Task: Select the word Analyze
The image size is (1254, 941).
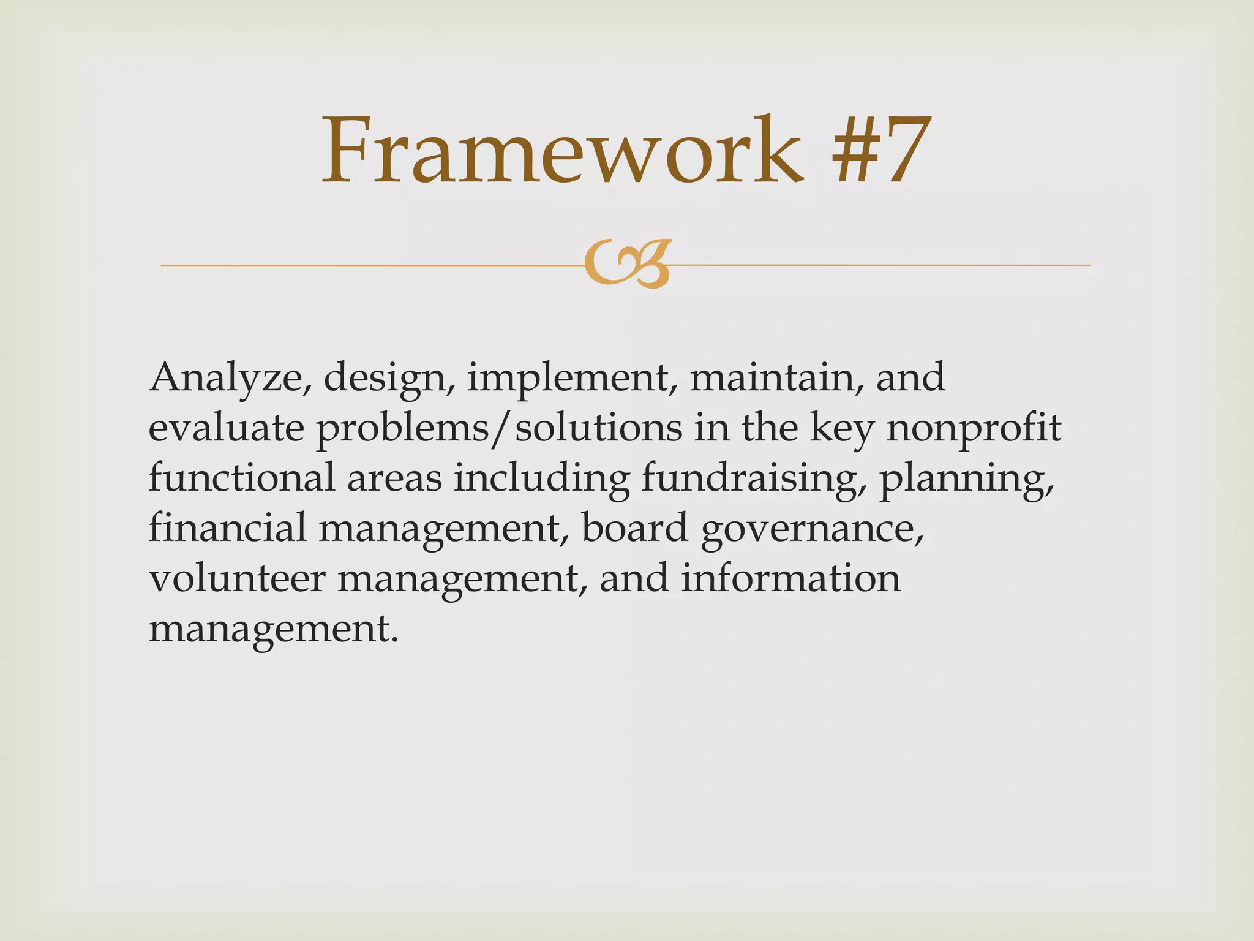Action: point(226,378)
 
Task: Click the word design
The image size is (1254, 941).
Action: point(384,379)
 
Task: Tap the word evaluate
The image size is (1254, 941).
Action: point(226,428)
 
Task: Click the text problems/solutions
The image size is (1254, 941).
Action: point(498,429)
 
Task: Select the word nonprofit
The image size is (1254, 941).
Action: point(974,429)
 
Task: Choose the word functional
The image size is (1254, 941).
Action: point(241,478)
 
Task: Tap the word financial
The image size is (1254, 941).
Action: point(227,528)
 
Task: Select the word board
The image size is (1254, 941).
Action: point(634,528)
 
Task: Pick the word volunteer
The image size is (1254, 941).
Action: point(237,579)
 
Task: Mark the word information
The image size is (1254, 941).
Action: point(790,578)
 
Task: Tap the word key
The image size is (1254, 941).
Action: point(842,429)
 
